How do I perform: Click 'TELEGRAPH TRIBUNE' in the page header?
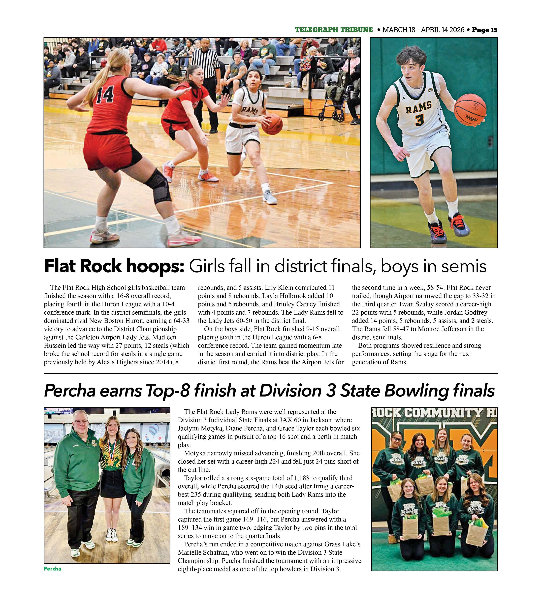tap(334, 30)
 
